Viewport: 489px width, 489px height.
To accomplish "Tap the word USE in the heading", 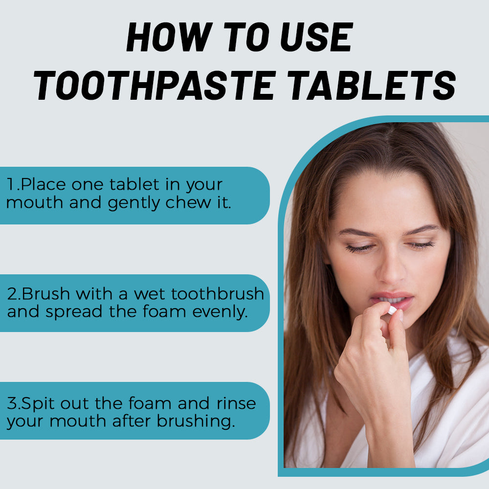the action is (316, 37).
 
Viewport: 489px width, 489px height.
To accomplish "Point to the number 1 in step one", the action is (10, 184).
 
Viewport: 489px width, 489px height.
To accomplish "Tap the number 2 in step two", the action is (12, 294).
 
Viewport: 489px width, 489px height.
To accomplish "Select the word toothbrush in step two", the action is (218, 293).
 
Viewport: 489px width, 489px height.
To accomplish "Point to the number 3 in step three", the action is (12, 403).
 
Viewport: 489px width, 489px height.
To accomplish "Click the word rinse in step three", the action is (236, 403).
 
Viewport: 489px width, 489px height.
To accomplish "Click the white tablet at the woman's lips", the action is (392, 311).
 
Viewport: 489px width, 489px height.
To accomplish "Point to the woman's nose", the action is (390, 271).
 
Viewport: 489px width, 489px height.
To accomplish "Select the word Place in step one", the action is (44, 184).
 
